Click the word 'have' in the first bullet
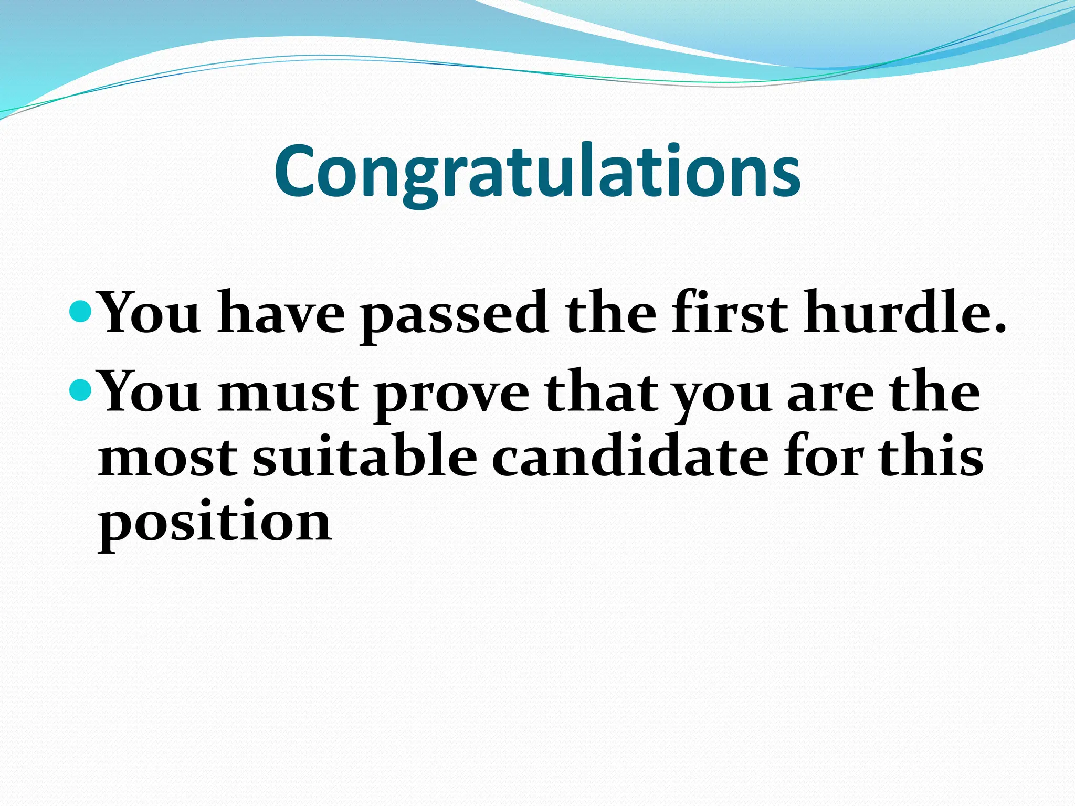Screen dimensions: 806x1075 point(281,313)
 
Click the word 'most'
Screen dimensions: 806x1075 point(167,459)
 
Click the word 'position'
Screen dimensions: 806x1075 point(215,523)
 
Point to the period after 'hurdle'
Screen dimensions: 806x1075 point(999,328)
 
